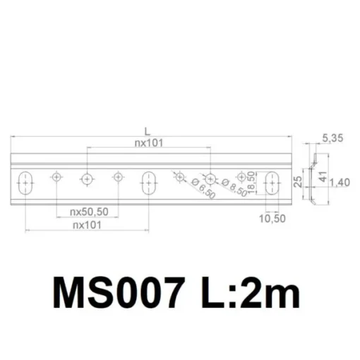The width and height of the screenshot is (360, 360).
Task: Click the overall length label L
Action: [x=147, y=131]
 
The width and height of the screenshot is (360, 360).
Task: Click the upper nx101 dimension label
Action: [x=149, y=143]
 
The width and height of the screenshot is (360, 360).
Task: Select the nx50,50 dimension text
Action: [x=89, y=212]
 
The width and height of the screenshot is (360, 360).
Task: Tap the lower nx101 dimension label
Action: [x=87, y=225]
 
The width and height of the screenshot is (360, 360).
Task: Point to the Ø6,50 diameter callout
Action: [x=203, y=188]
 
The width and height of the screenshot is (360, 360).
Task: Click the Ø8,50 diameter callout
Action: [x=234, y=188]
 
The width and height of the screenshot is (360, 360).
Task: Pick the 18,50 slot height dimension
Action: [x=251, y=183]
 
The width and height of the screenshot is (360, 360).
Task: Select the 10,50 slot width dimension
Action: [x=272, y=219]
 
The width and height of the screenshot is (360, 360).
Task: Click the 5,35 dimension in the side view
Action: [x=332, y=138]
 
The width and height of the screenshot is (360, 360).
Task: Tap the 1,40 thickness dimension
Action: [x=340, y=183]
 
